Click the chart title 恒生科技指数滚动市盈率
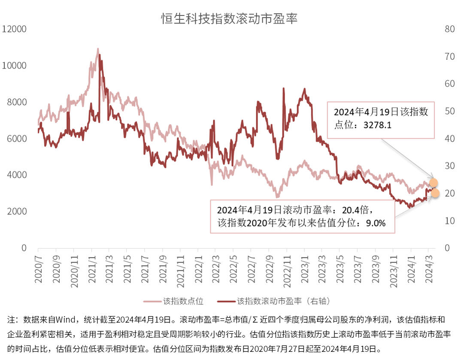(x=229, y=19)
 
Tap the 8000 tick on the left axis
(x=16, y=102)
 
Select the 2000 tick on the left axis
(x=16, y=212)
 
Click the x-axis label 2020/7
(x=38, y=267)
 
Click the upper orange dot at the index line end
(x=433, y=183)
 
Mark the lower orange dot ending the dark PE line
(x=434, y=193)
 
